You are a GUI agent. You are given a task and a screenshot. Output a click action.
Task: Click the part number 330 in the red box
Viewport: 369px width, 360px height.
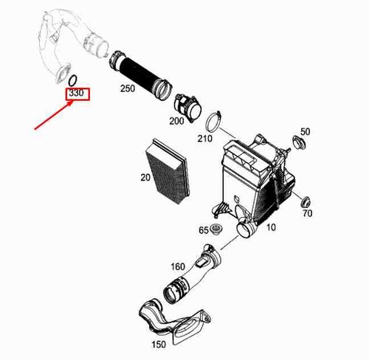[x=77, y=94]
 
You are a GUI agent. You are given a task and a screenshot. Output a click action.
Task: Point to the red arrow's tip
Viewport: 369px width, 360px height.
[x=74, y=101]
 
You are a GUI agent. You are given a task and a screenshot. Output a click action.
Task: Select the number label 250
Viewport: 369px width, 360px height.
[x=128, y=89]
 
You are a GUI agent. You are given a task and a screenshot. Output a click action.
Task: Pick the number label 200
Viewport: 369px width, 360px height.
[x=176, y=121]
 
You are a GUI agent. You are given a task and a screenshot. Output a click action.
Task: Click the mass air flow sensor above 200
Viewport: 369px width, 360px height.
[x=188, y=107]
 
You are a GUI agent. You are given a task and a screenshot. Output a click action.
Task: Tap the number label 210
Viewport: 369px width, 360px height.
[x=204, y=139]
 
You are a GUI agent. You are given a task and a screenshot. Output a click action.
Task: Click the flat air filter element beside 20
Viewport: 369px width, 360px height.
[x=168, y=171]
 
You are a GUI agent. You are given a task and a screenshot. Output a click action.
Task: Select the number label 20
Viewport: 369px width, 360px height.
[x=145, y=177]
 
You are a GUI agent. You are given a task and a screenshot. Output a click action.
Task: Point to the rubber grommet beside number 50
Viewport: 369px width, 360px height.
[x=299, y=142]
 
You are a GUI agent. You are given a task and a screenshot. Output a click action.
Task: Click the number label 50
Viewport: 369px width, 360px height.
[x=306, y=132]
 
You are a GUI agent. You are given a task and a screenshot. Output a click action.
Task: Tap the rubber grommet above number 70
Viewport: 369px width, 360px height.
[x=306, y=202]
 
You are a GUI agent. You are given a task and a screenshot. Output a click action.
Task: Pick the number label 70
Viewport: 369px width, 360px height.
[x=308, y=213]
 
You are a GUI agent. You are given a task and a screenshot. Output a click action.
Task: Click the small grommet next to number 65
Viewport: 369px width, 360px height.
[x=217, y=229]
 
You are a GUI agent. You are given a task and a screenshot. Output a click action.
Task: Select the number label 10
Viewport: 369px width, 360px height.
[x=271, y=227]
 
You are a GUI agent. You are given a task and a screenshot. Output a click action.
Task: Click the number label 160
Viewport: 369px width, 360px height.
[x=178, y=266]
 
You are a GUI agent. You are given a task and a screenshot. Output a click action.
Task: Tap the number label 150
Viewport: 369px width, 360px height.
[x=159, y=345]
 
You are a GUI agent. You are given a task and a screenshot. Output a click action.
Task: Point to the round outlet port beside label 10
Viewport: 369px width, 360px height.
[x=244, y=230]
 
